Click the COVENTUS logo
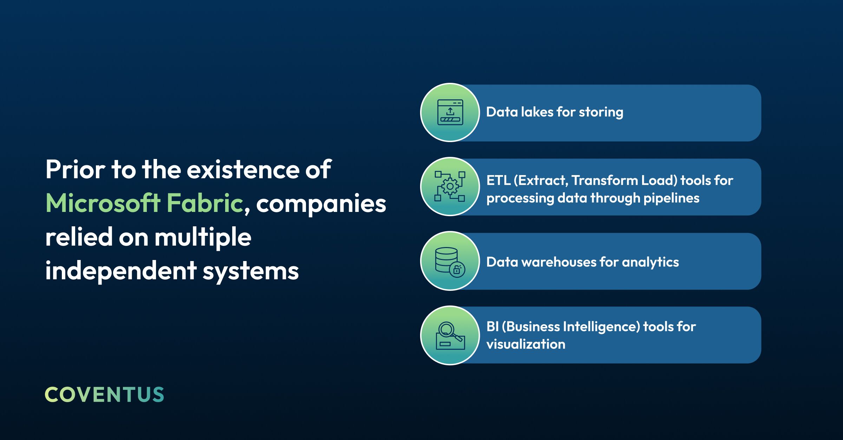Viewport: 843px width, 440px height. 104,394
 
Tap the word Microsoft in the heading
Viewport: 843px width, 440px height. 103,203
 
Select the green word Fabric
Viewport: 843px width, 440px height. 205,203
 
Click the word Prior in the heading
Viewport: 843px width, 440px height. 76,169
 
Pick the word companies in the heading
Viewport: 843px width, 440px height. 321,205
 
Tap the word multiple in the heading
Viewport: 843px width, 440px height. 203,237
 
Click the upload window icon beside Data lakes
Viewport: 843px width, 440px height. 450,112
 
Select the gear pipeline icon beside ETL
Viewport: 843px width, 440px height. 450,186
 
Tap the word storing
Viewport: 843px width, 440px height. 601,112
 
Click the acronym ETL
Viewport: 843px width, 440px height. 498,180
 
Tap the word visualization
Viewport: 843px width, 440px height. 526,344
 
